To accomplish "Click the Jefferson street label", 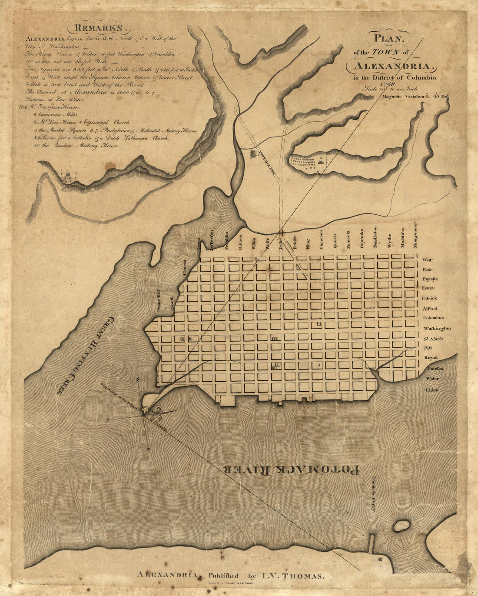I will click(212, 240).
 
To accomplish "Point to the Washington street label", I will click(437, 329).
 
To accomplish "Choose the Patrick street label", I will click(429, 298).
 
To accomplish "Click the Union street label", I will click(432, 390).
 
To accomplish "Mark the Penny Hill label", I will click(159, 300).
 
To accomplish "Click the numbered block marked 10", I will click(274, 339).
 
